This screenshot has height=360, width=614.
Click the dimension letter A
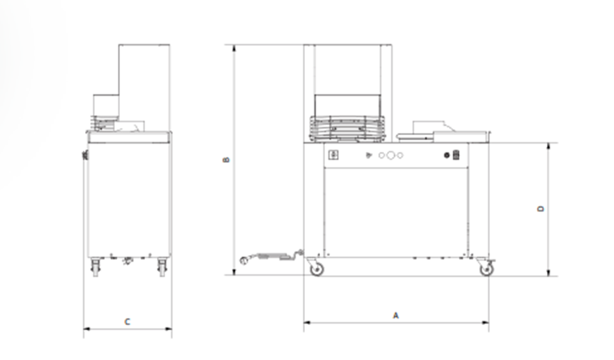click(x=396, y=315)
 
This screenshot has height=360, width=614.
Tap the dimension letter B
click(x=226, y=160)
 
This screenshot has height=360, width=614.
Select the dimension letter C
click(x=127, y=321)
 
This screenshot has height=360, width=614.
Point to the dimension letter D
click(x=540, y=209)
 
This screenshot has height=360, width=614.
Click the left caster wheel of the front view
click(x=316, y=269)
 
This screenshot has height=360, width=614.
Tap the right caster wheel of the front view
click(x=487, y=269)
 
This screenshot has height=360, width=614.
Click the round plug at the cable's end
click(x=243, y=260)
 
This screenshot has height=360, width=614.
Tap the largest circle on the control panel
click(x=391, y=156)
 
